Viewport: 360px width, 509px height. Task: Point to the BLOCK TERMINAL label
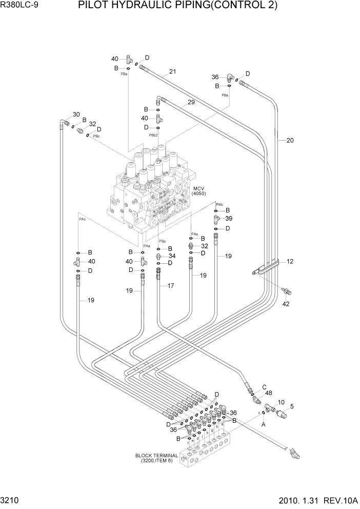(x=156, y=455)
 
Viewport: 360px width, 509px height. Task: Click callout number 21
(x=172, y=72)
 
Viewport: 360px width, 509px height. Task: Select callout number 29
(x=176, y=103)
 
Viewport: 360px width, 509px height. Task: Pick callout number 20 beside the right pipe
(x=290, y=140)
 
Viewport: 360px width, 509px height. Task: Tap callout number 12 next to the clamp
(x=290, y=262)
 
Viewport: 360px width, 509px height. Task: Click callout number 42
(x=286, y=304)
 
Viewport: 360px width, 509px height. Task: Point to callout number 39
(x=228, y=219)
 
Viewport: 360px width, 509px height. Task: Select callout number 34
(x=172, y=256)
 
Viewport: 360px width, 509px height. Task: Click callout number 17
(x=171, y=285)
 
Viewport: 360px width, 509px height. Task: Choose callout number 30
(x=76, y=114)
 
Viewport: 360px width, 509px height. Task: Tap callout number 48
(x=268, y=393)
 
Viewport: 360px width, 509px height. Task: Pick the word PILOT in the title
(x=92, y=6)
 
